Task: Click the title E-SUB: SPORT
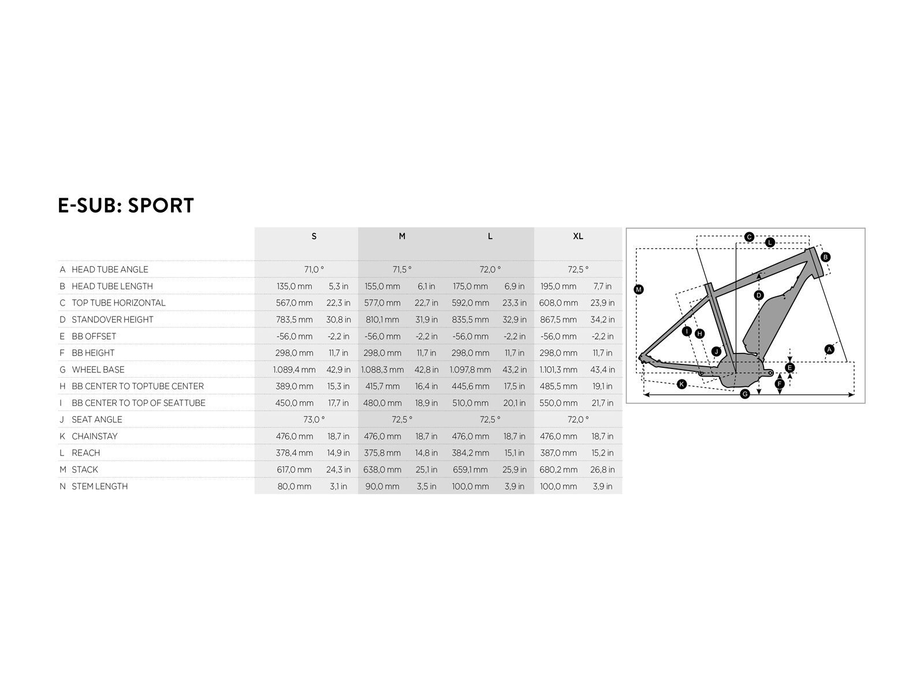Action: pyautogui.click(x=125, y=206)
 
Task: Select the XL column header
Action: pyautogui.click(x=578, y=236)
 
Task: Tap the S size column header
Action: pyautogui.click(x=314, y=236)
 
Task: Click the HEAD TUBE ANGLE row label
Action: pyautogui.click(x=110, y=269)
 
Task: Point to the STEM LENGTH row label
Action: pyautogui.click(x=100, y=486)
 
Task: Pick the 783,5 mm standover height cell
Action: pyautogui.click(x=295, y=320)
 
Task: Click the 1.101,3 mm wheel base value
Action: pyautogui.click(x=558, y=370)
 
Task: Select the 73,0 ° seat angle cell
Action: pyautogui.click(x=314, y=419)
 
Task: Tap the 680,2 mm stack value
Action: pyautogui.click(x=558, y=470)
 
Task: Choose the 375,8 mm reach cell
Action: pyautogui.click(x=382, y=453)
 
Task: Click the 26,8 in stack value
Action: pyautogui.click(x=602, y=470)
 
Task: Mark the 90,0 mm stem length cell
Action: pyautogui.click(x=382, y=486)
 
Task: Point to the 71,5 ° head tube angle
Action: pyautogui.click(x=402, y=269)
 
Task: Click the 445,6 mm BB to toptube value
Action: pyautogui.click(x=470, y=386)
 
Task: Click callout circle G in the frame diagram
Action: pyautogui.click(x=745, y=394)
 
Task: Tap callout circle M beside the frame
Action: pyautogui.click(x=639, y=289)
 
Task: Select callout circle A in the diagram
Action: pyautogui.click(x=829, y=349)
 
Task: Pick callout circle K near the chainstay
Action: pyautogui.click(x=682, y=384)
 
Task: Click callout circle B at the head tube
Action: pyautogui.click(x=825, y=257)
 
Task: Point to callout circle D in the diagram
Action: pyautogui.click(x=759, y=295)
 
